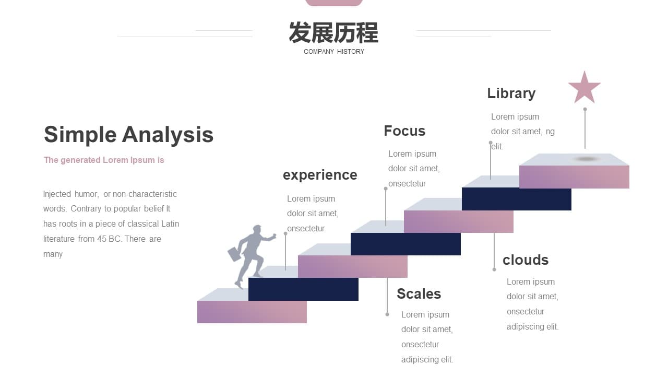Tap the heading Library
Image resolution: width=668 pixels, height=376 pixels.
click(x=511, y=93)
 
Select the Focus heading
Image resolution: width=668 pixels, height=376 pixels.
click(x=404, y=131)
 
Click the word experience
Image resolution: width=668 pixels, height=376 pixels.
click(x=320, y=175)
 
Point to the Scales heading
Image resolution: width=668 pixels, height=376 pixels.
click(x=419, y=294)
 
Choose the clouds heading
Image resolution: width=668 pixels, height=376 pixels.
click(x=526, y=260)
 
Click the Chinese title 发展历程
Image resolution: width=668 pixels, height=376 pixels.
click(x=333, y=32)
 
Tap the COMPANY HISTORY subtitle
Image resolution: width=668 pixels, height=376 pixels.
click(x=333, y=52)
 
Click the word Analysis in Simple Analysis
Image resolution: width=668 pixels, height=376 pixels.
click(x=168, y=135)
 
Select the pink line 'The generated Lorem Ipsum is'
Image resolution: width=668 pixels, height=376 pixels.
click(x=104, y=160)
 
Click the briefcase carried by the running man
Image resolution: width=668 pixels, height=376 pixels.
click(x=234, y=254)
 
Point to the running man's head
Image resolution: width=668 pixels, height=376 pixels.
click(x=257, y=230)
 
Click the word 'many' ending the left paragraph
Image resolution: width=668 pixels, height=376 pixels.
click(x=53, y=254)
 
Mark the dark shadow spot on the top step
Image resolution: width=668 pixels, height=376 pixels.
click(x=586, y=159)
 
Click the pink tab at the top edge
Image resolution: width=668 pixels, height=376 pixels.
click(x=334, y=3)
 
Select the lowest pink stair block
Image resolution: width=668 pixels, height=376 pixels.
click(x=252, y=312)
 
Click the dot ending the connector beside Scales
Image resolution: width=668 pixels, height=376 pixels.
click(x=387, y=314)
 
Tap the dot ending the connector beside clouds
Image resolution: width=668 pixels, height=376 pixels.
click(x=494, y=269)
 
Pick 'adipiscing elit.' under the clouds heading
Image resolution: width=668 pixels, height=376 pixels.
click(x=532, y=327)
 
